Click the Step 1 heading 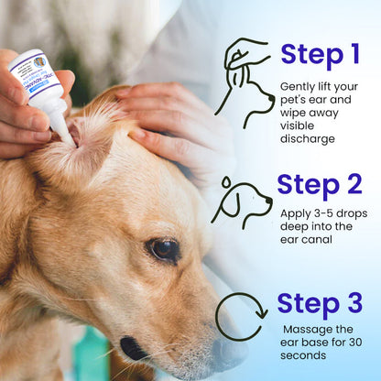pos(320,55)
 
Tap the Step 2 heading pos(320,184)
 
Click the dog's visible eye pos(166,248)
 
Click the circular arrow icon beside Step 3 pos(241,316)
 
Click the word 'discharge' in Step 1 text pos(309,139)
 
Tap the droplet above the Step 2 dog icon pos(225,182)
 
